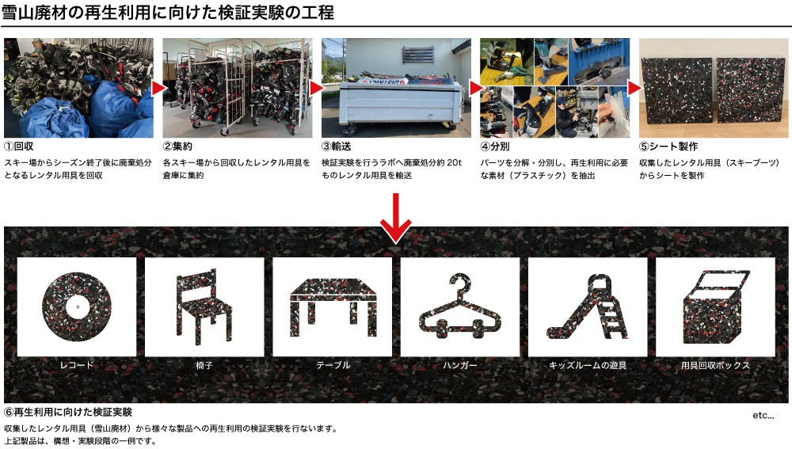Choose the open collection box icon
715,306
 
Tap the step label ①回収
19,146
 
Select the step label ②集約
177,146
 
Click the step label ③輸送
336,146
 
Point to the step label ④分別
494,146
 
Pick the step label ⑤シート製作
668,146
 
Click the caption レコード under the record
77,364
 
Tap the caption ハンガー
459,364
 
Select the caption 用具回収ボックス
715,364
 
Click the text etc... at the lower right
763,415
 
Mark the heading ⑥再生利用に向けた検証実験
68,412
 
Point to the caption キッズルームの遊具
588,364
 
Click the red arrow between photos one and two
158,89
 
